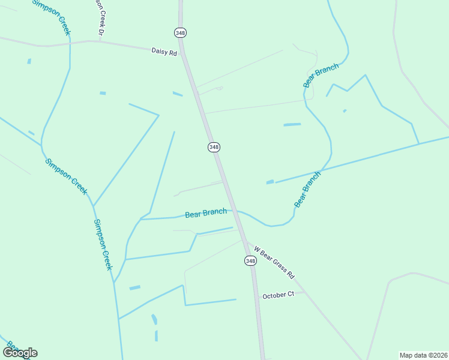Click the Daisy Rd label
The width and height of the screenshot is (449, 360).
pyautogui.click(x=164, y=53)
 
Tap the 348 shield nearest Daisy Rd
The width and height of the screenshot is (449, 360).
pyautogui.click(x=180, y=32)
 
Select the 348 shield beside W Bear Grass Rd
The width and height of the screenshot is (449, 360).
pyautogui.click(x=250, y=260)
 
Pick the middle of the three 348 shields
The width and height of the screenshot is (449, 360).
pyautogui.click(x=214, y=147)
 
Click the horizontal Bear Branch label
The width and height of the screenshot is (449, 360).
pyautogui.click(x=206, y=213)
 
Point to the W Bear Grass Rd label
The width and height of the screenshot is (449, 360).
pyautogui.click(x=274, y=262)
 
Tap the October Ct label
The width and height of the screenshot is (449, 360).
pyautogui.click(x=278, y=295)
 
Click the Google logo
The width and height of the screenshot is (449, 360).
pyautogui.click(x=20, y=353)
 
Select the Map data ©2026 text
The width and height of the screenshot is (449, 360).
pyautogui.click(x=423, y=355)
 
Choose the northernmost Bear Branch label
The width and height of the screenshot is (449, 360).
pyautogui.click(x=321, y=76)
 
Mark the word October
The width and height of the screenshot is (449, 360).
pyautogui.click(x=273, y=295)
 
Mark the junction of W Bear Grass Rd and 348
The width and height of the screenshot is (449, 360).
pyautogui.click(x=246, y=241)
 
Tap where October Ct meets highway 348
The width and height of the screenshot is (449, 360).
pyautogui.click(x=256, y=296)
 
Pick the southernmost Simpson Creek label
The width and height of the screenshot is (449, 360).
pyautogui.click(x=103, y=244)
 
